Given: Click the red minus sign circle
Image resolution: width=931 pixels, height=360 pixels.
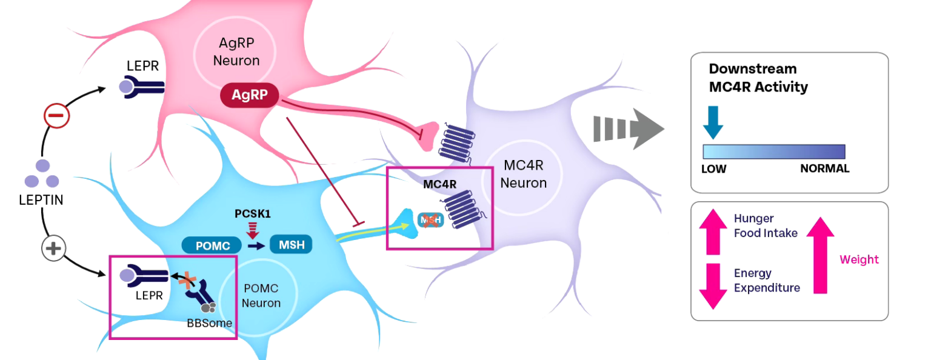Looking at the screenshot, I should tap(56, 115).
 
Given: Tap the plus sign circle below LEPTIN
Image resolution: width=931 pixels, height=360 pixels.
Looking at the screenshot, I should tap(54, 247).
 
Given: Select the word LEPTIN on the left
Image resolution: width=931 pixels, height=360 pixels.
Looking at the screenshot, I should tap(41, 199).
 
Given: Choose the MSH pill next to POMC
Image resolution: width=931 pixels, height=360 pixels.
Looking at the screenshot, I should tap(291, 245).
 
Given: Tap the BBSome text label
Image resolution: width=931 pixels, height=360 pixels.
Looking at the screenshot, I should tap(209, 323).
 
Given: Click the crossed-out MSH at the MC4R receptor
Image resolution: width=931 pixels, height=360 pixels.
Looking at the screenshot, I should tap(430, 221).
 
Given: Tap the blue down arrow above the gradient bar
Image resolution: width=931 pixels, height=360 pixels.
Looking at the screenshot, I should tap(713, 122).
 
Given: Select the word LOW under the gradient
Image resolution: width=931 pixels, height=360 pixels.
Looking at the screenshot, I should tap(713, 168).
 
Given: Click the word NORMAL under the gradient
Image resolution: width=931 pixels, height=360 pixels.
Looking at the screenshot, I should tap(824, 168).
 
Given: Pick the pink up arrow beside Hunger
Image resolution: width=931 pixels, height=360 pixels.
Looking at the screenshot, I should tap(713, 232).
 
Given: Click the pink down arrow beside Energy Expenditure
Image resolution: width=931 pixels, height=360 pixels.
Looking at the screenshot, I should tap(713, 285).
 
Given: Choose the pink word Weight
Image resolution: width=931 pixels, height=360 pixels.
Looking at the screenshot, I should tap(859, 259).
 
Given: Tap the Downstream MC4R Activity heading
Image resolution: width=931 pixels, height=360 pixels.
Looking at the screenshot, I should tap(758, 78).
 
